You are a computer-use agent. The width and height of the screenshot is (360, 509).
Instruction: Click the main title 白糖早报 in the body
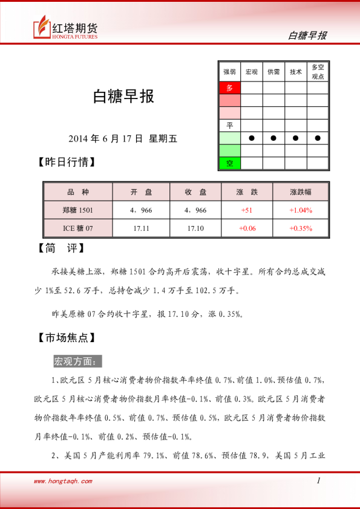point(123,97)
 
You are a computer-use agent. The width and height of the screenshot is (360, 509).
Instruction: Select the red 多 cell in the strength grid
point(229,88)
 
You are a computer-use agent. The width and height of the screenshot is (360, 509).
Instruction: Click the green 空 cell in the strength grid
point(229,163)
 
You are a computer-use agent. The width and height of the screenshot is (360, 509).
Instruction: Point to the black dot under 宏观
point(251,138)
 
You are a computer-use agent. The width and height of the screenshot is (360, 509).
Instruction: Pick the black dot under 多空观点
point(318,138)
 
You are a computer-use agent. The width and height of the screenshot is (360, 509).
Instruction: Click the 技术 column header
point(295,71)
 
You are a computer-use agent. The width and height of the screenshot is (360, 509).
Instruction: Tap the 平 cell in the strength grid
point(229,125)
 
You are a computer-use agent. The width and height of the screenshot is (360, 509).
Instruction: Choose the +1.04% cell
point(300,210)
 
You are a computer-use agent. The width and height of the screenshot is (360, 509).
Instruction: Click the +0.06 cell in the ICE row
point(247,228)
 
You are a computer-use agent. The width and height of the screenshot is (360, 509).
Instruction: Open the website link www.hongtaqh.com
point(63,481)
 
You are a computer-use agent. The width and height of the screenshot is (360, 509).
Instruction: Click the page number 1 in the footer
point(318,481)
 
